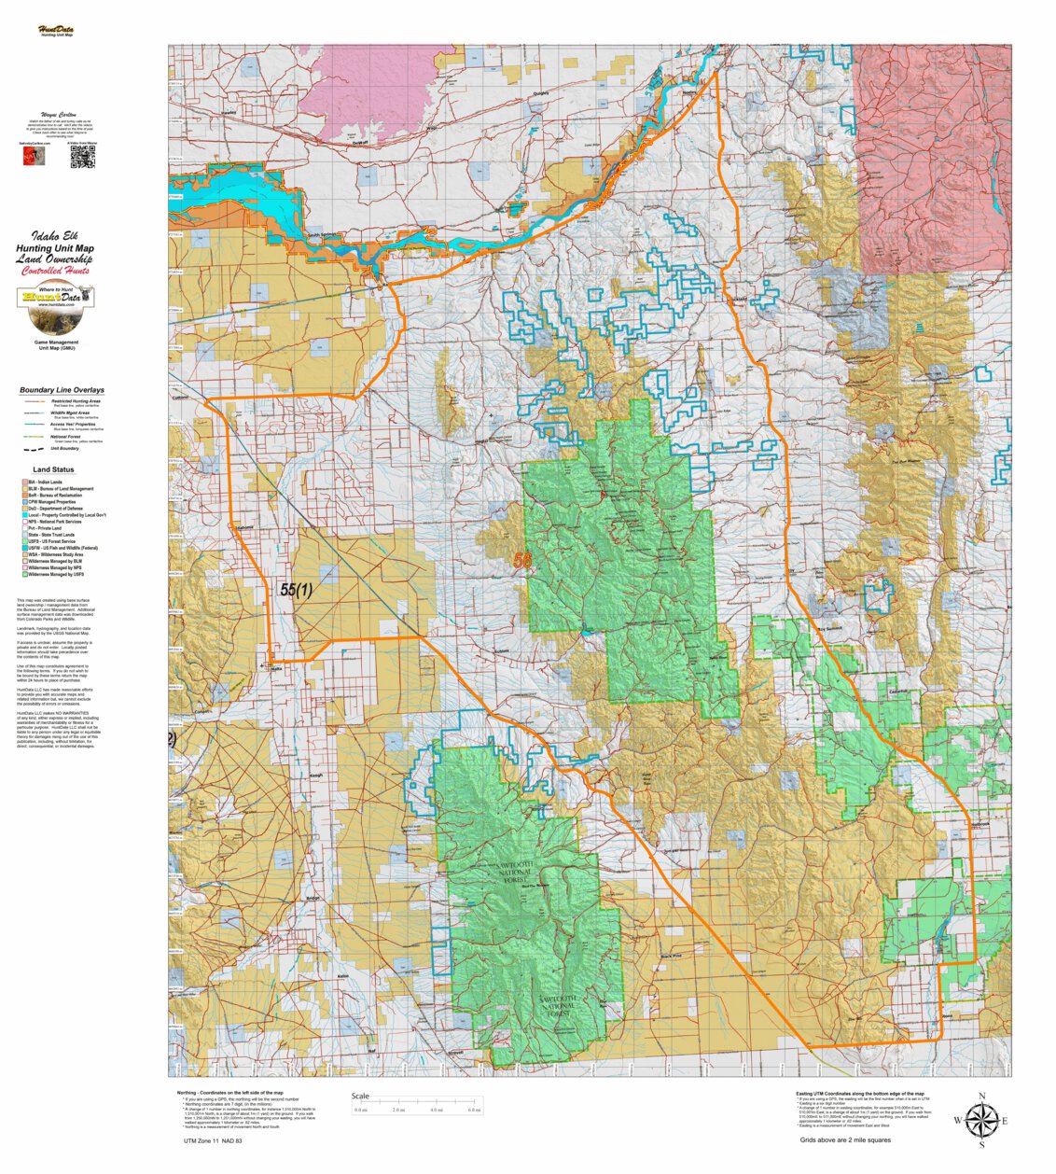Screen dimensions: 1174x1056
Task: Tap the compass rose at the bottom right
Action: click(x=980, y=1120)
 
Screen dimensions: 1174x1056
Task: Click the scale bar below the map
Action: click(x=417, y=1106)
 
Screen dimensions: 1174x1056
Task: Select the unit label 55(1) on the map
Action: click(x=296, y=590)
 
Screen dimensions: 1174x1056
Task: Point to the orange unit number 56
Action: click(x=521, y=561)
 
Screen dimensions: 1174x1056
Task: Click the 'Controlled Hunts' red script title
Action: click(x=56, y=271)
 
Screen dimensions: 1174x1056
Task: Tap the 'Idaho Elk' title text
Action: click(x=56, y=236)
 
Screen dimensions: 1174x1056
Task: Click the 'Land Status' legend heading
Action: click(x=53, y=469)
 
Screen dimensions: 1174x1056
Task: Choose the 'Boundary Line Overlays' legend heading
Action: click(x=62, y=390)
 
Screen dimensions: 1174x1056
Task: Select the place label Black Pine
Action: click(x=670, y=957)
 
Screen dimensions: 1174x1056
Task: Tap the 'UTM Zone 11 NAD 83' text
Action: click(x=213, y=1141)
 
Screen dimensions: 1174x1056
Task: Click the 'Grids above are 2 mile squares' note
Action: click(x=844, y=1139)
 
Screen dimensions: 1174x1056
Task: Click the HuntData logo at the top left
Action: click(x=56, y=31)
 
